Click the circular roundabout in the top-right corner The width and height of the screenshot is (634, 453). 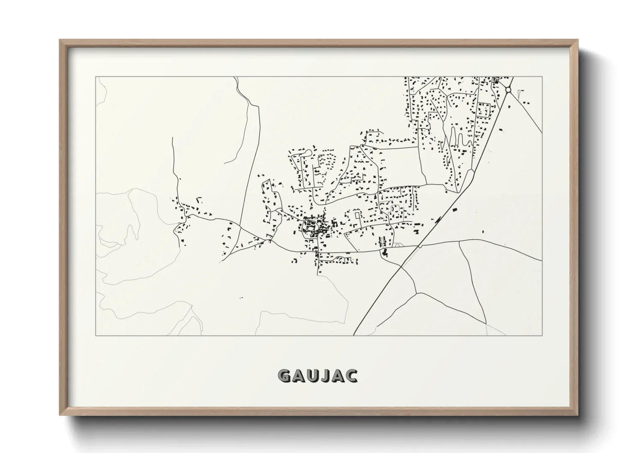coord(508,90)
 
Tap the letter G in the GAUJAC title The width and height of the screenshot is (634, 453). coord(284,376)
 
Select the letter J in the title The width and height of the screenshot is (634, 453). coord(324,376)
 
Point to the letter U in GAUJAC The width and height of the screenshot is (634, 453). coord(311,376)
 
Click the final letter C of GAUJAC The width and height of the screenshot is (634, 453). coord(351,376)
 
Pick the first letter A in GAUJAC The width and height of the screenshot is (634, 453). coord(297,376)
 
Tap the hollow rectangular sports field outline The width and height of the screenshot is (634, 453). coord(484,110)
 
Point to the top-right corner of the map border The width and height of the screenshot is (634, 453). coord(542,77)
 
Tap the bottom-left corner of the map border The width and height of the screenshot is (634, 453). coord(96,335)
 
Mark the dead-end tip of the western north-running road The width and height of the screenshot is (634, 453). coord(172,137)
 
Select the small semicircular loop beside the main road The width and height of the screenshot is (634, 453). coord(397,245)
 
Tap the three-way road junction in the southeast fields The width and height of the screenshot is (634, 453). coord(416,293)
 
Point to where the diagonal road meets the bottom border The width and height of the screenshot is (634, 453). coord(354,335)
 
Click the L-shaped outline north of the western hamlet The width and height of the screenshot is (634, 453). coord(198,199)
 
